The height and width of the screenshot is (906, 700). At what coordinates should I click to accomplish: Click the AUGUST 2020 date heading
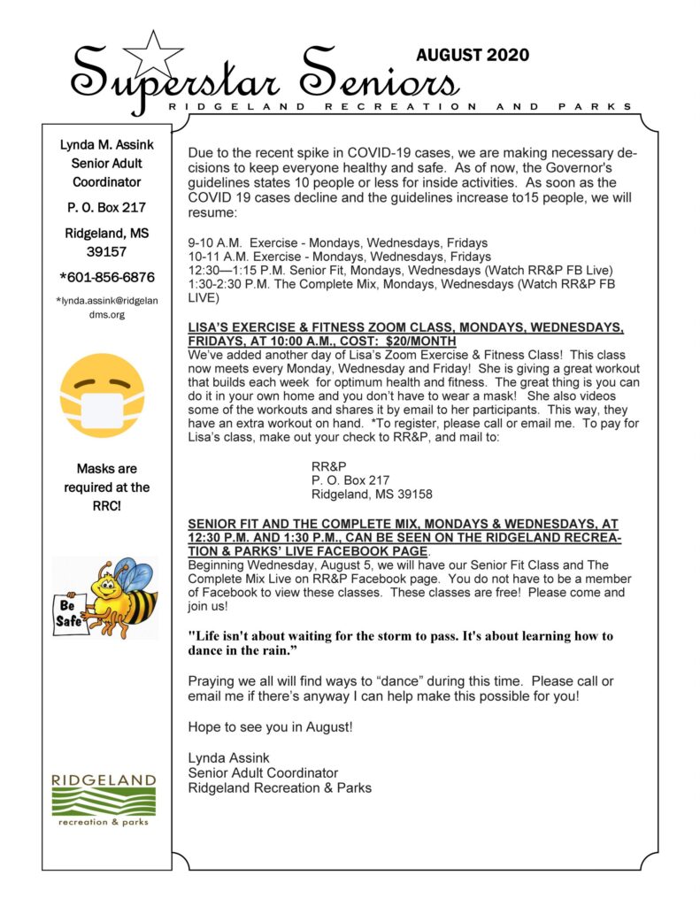473,55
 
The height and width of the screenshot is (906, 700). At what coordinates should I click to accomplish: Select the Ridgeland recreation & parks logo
104,800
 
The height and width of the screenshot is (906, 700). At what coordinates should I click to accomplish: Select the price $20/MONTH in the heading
423,341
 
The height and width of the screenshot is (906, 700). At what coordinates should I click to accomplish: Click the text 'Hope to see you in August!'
270,726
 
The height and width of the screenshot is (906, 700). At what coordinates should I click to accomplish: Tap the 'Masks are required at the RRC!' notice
106,487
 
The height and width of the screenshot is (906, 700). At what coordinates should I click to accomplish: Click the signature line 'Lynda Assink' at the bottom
227,757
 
